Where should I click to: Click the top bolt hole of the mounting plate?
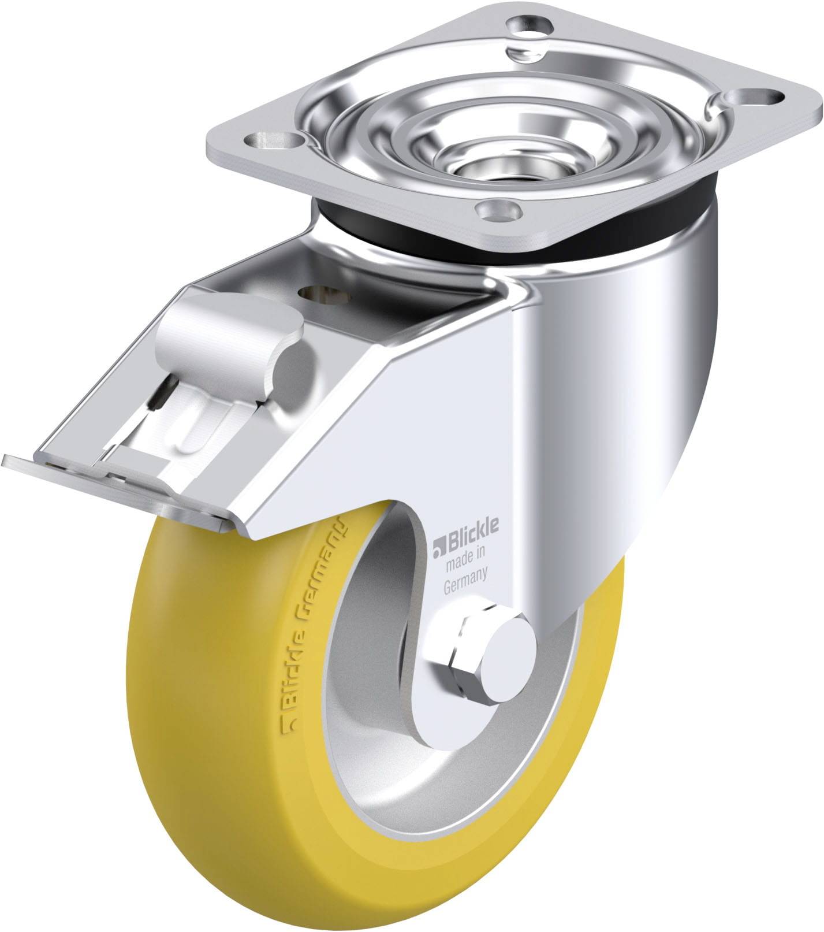coord(528,26)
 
